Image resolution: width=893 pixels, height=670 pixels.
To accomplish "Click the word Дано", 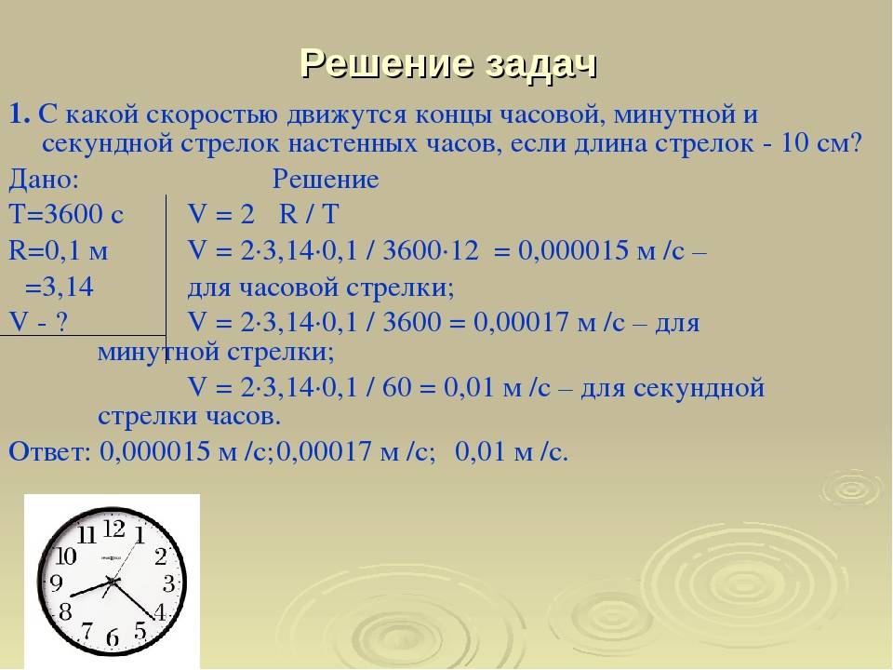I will (x=43, y=180).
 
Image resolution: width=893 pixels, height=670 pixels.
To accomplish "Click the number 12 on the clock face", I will (x=113, y=529).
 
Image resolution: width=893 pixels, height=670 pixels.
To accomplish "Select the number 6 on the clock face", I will (x=113, y=638).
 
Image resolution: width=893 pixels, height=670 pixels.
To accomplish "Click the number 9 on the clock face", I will (x=56, y=584).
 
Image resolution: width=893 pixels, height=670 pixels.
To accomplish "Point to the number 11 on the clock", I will (x=87, y=535).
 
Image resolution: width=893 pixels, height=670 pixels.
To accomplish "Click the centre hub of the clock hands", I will (x=113, y=583).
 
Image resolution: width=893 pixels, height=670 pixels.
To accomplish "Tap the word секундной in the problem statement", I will (x=98, y=145).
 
